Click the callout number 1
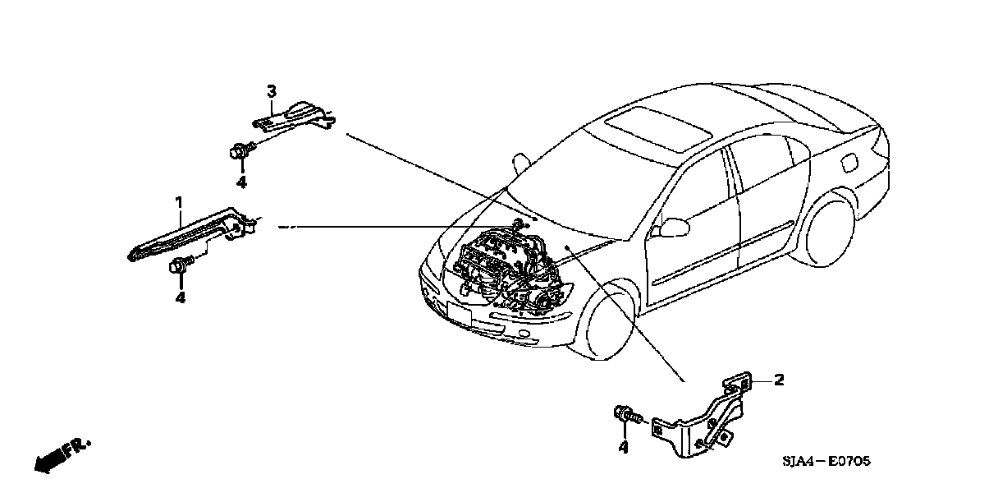(177, 200)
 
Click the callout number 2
(779, 380)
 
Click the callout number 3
(272, 90)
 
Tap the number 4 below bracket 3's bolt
(241, 182)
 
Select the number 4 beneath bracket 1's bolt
(180, 297)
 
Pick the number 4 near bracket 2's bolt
(623, 448)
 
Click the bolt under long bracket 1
(180, 265)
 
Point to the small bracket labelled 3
(294, 116)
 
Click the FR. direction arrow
(62, 455)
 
